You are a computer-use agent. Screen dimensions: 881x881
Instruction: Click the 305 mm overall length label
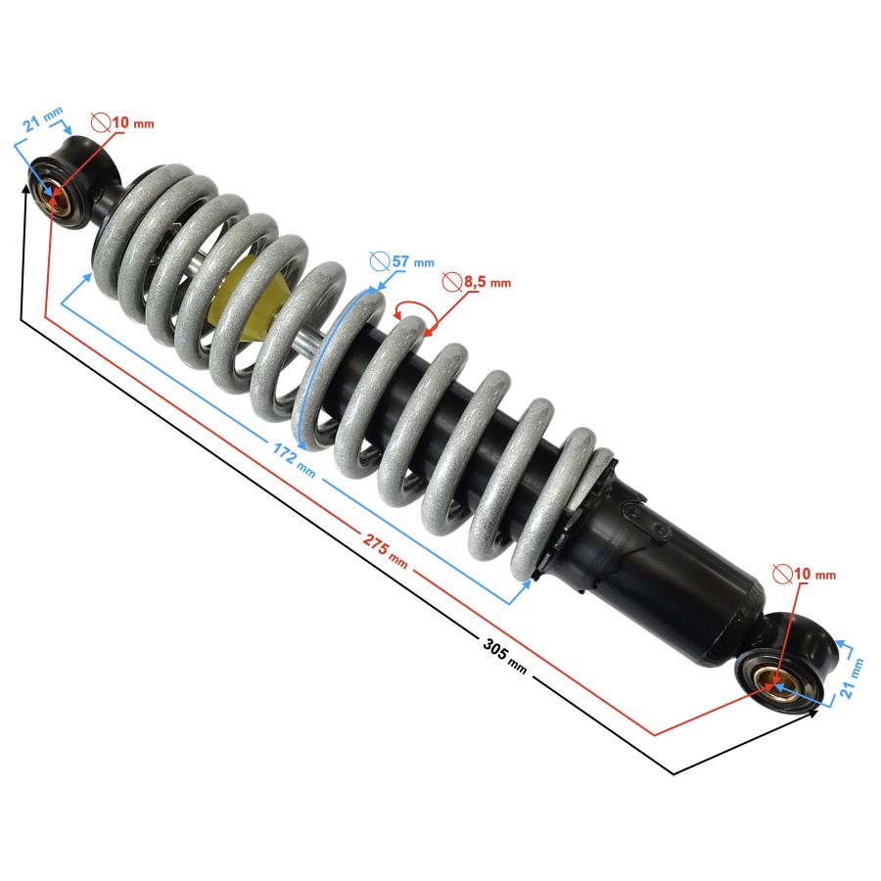(x=504, y=655)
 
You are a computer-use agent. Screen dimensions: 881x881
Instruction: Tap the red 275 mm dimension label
(x=385, y=550)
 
